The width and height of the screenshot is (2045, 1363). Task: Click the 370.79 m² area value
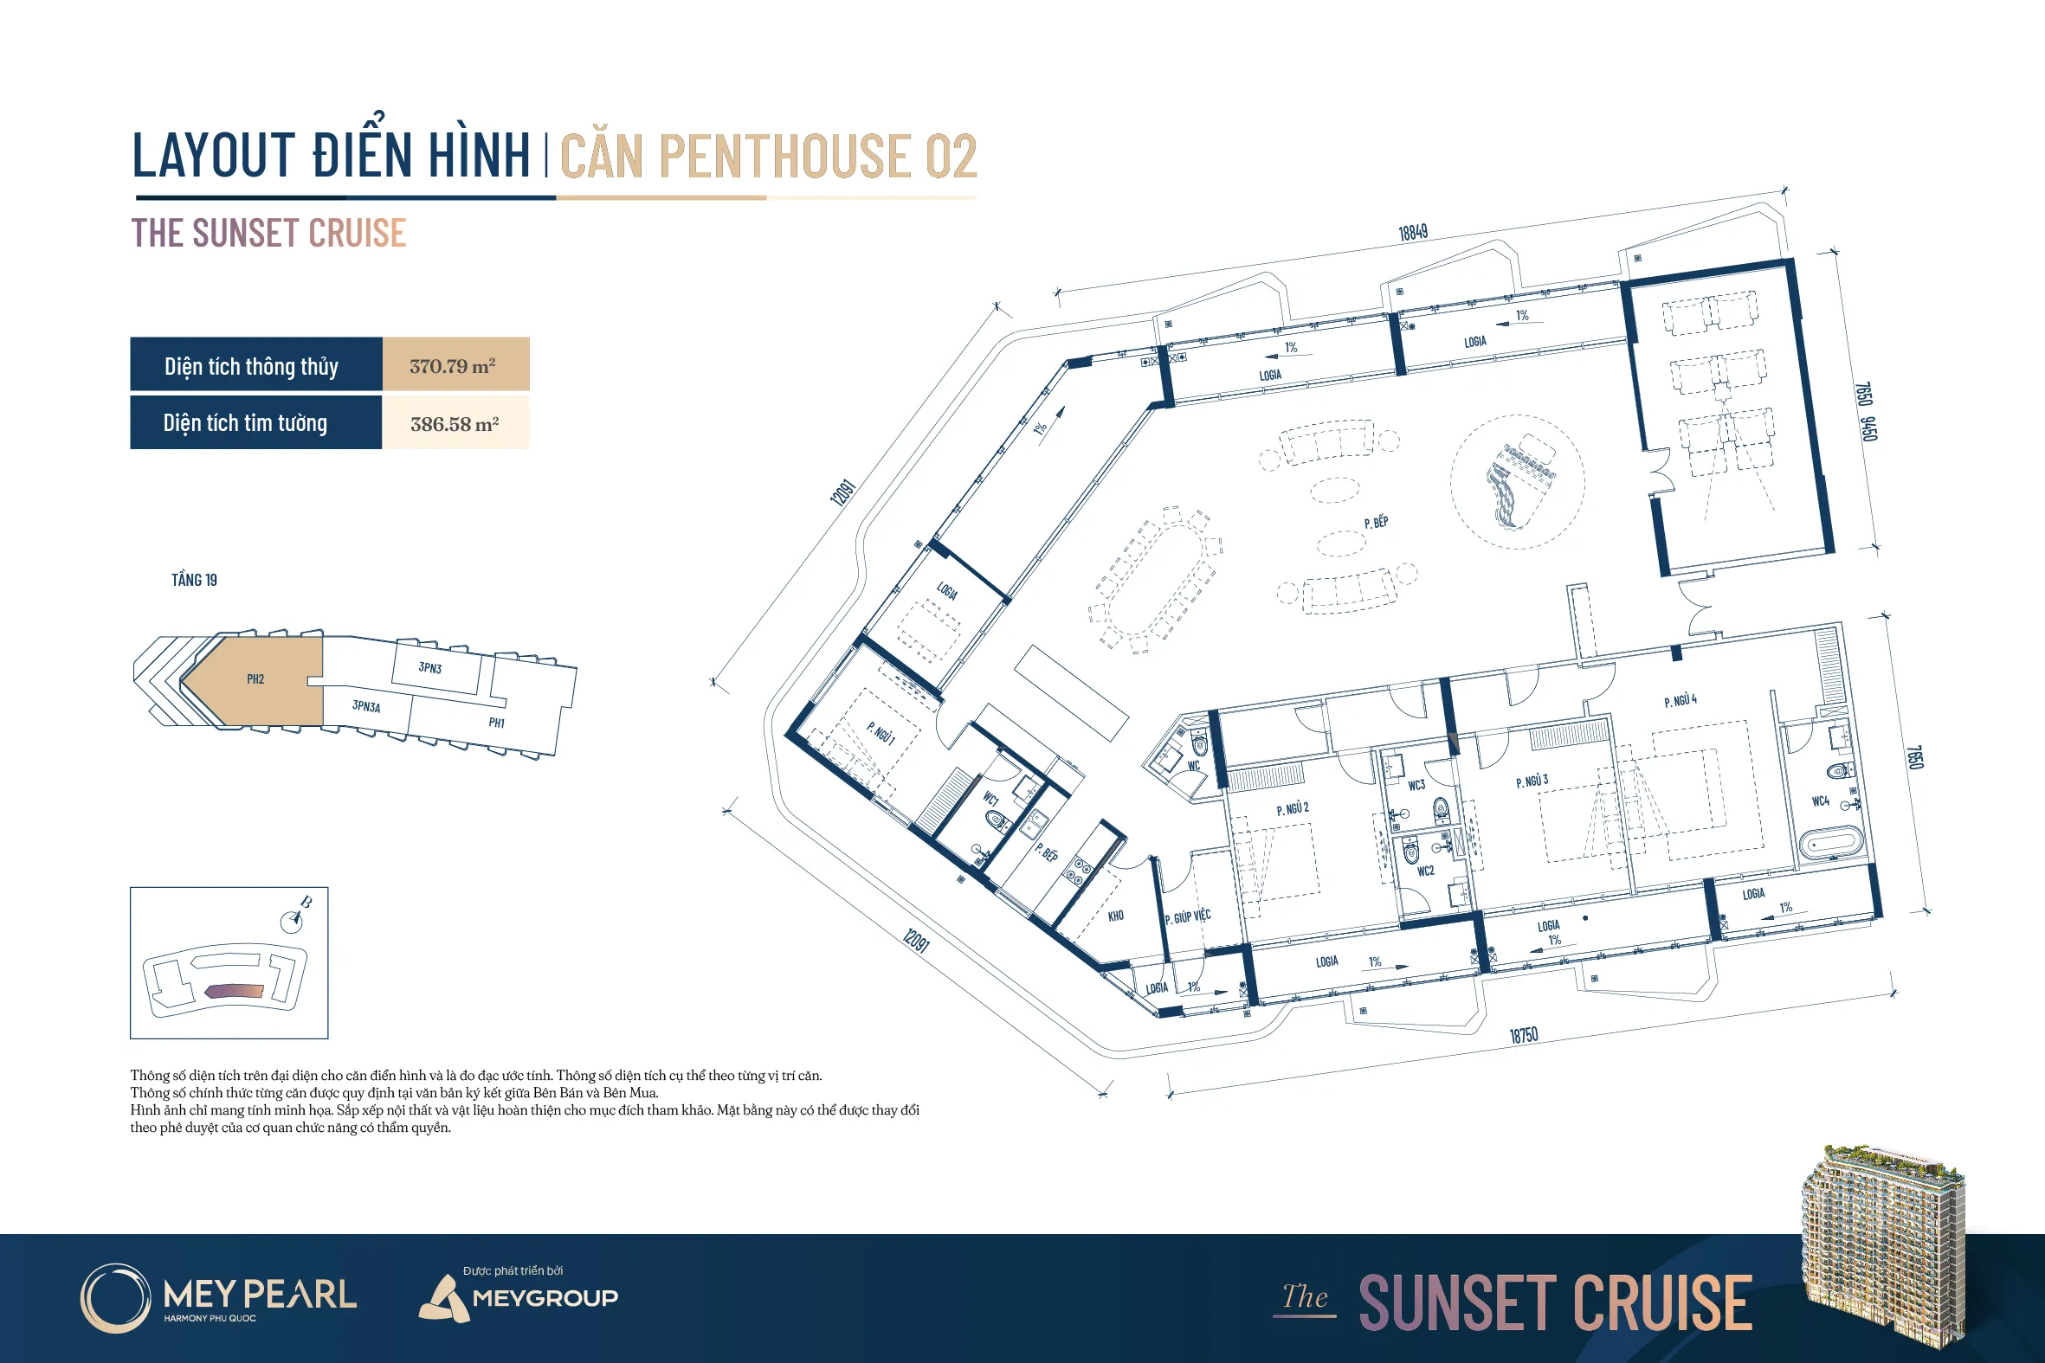(452, 366)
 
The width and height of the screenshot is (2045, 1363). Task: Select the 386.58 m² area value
(454, 424)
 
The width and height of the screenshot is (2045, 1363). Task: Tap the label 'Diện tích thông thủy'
(251, 367)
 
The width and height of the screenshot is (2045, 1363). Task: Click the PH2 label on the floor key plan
(255, 678)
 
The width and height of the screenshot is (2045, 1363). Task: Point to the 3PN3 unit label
(429, 667)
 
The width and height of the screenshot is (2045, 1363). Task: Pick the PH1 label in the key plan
(496, 723)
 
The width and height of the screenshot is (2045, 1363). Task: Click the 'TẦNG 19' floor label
(194, 580)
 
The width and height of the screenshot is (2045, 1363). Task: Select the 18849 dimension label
(1413, 232)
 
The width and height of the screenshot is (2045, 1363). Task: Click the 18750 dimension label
(1523, 1034)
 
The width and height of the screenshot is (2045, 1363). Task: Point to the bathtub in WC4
(1831, 843)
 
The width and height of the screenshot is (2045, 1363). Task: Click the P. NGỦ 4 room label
(1680, 701)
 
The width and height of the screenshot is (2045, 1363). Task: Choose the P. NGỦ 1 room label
(880, 733)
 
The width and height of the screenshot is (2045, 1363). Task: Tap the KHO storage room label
(1115, 916)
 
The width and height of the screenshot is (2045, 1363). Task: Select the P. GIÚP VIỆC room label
(1187, 916)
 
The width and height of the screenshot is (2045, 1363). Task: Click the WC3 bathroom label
(1416, 785)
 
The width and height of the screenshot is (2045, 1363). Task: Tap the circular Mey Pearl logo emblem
(116, 1298)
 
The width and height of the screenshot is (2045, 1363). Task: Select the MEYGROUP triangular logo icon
(444, 1299)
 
